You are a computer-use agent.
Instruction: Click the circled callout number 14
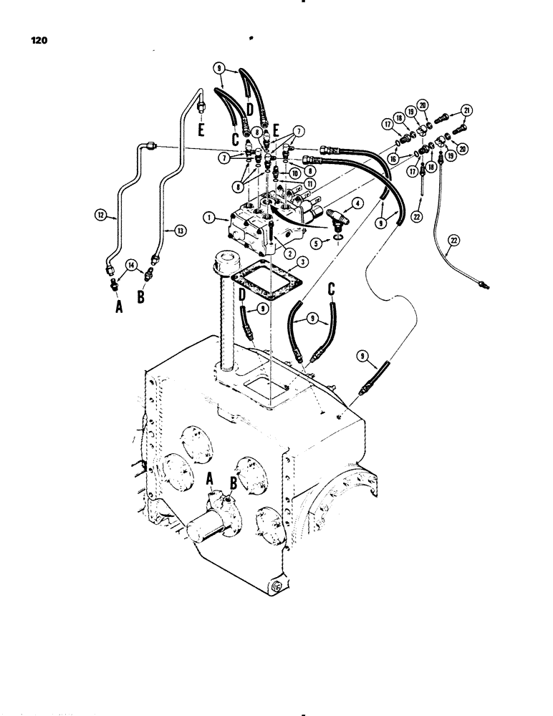pyautogui.click(x=132, y=265)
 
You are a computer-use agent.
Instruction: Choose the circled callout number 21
pyautogui.click(x=467, y=110)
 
